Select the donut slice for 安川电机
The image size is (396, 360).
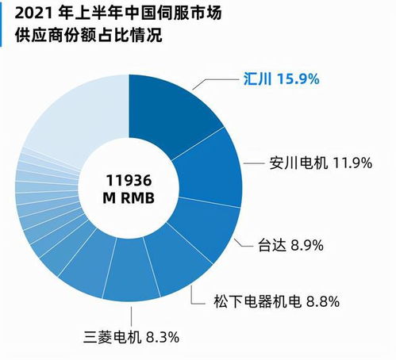click(210, 170)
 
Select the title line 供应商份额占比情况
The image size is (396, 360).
click(83, 36)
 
